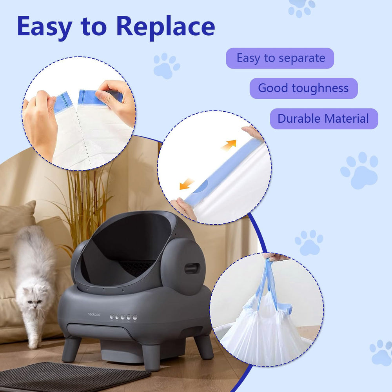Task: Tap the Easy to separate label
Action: pyautogui.click(x=280, y=58)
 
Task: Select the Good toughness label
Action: pyautogui.click(x=303, y=88)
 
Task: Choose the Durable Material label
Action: pyautogui.click(x=323, y=118)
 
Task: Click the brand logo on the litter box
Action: pyautogui.click(x=94, y=314)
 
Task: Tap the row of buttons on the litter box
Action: pyautogui.click(x=123, y=317)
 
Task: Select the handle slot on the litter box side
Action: pyautogui.click(x=192, y=269)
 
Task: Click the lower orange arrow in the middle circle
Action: pyautogui.click(x=187, y=183)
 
